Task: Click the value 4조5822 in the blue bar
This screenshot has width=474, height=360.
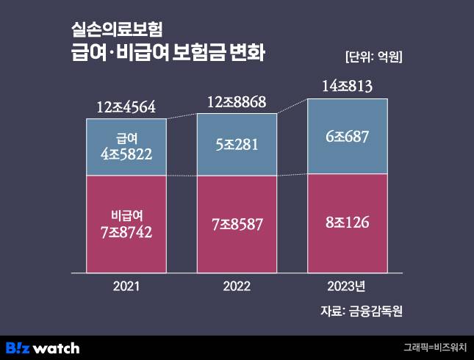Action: click(x=126, y=154)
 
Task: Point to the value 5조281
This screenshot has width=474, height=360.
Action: click(x=237, y=145)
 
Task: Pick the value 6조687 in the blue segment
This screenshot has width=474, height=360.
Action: click(x=347, y=136)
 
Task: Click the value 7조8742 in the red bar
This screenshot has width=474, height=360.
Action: click(x=126, y=232)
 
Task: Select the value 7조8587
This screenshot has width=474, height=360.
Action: click(x=237, y=224)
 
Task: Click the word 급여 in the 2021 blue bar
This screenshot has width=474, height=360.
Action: click(x=126, y=137)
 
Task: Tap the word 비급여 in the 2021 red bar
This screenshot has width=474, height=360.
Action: click(x=126, y=216)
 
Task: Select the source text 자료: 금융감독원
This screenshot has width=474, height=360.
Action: click(x=362, y=311)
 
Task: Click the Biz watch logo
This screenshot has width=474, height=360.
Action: click(x=43, y=347)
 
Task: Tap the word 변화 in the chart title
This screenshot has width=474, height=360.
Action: click(x=245, y=54)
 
